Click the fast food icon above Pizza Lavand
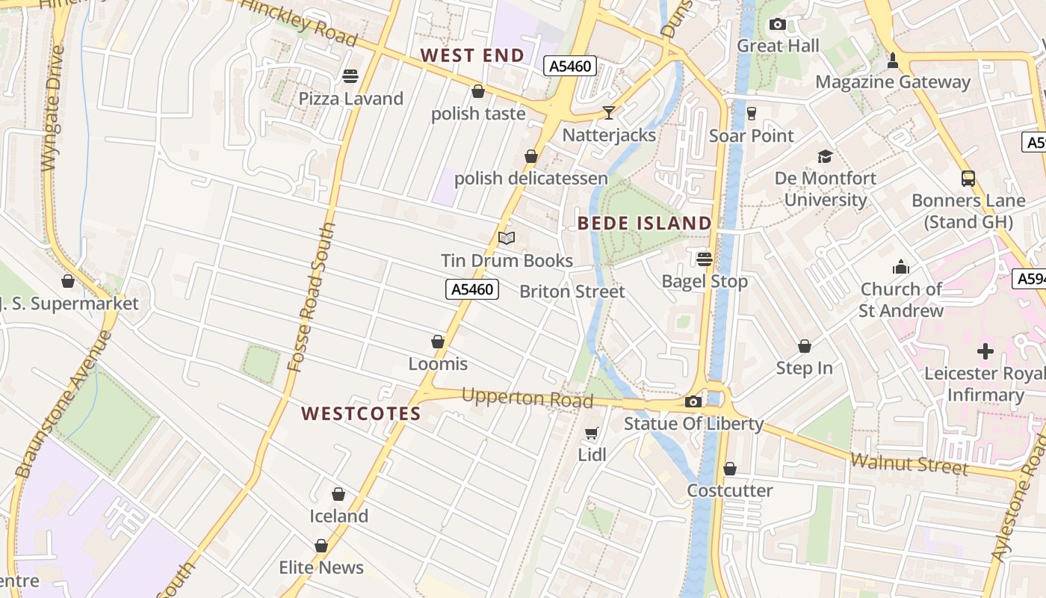pyautogui.click(x=350, y=75)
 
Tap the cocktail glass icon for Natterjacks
pyautogui.click(x=609, y=112)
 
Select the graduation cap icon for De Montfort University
pyautogui.click(x=825, y=156)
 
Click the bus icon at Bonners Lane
pyautogui.click(x=968, y=178)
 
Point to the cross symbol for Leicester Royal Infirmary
pyautogui.click(x=985, y=351)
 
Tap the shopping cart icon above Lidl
pyautogui.click(x=592, y=433)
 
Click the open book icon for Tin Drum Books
pyautogui.click(x=507, y=238)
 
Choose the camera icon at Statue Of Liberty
pyautogui.click(x=693, y=401)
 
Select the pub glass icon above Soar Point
pyautogui.click(x=752, y=114)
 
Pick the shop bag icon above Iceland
pyautogui.click(x=338, y=494)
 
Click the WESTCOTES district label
pyautogui.click(x=362, y=413)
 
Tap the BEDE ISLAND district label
pyautogui.click(x=645, y=223)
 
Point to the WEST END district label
pyautogui.click(x=472, y=55)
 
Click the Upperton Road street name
pyautogui.click(x=527, y=398)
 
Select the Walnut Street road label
pyautogui.click(x=909, y=463)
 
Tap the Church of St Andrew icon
pyautogui.click(x=901, y=267)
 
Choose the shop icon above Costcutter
pyautogui.click(x=729, y=469)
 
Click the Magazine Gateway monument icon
pyautogui.click(x=892, y=60)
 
